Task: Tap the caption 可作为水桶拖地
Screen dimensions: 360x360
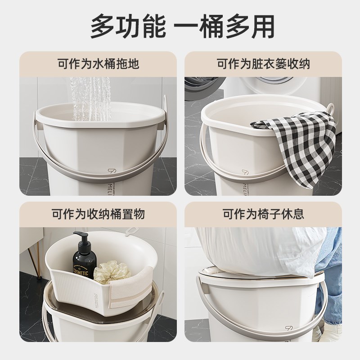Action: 98,63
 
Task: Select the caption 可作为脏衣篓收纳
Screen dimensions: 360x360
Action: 263,63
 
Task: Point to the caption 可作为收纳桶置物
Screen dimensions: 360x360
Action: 98,214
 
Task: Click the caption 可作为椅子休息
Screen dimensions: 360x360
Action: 263,214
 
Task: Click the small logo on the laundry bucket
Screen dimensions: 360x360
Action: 245,173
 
